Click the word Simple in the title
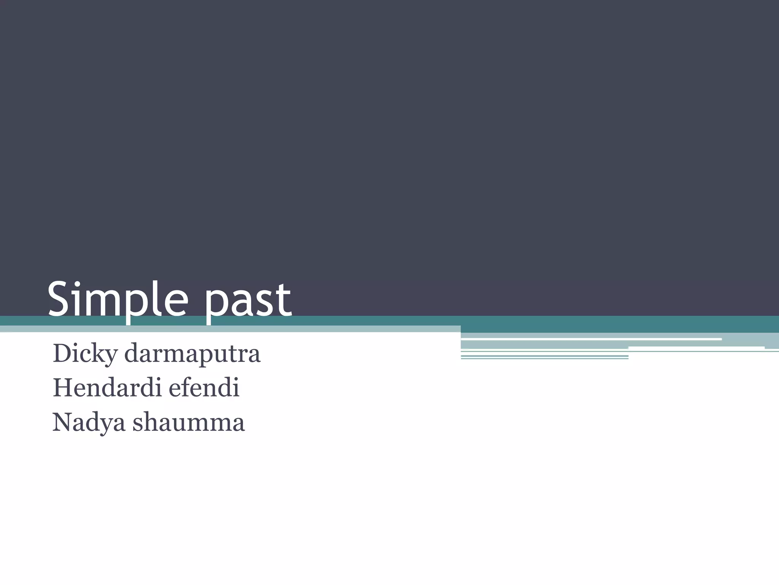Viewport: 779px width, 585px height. pos(118,300)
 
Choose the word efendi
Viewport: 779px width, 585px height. pos(204,388)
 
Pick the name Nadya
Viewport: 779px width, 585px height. pos(89,423)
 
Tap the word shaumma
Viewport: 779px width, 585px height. pos(189,423)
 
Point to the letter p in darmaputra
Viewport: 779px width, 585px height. pos(210,356)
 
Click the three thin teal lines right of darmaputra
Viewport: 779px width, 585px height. pos(544,356)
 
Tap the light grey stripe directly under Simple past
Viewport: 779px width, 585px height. pos(228,329)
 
